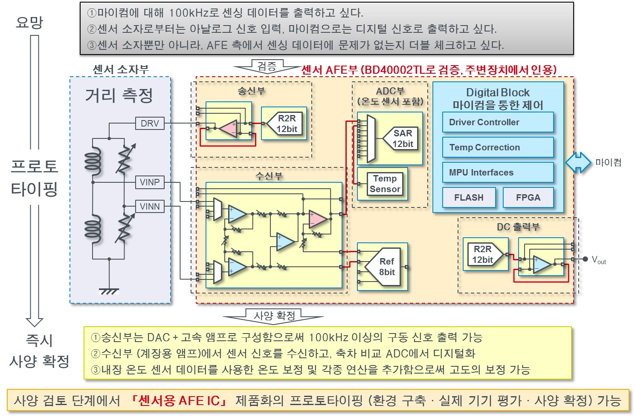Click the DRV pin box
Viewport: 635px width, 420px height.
click(x=150, y=124)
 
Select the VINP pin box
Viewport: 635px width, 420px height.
click(x=150, y=182)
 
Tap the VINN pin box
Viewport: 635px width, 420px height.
click(x=150, y=207)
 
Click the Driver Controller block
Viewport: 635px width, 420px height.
click(x=498, y=122)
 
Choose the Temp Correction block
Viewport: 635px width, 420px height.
click(x=498, y=147)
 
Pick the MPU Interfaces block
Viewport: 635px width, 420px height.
click(x=498, y=173)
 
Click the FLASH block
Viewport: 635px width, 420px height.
click(x=469, y=198)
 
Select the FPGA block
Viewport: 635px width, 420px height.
click(x=528, y=198)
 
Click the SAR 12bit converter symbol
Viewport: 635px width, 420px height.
click(x=401, y=138)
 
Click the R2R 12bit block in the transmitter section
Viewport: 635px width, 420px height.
click(x=285, y=124)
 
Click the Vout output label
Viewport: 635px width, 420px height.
click(x=599, y=260)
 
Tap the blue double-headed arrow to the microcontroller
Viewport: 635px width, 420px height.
click(x=578, y=162)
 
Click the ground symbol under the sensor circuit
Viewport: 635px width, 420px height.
click(x=109, y=291)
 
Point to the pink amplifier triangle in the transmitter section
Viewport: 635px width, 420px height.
click(x=229, y=128)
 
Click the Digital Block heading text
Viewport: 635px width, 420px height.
click(x=498, y=92)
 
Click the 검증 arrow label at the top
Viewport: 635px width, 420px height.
click(x=267, y=66)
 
